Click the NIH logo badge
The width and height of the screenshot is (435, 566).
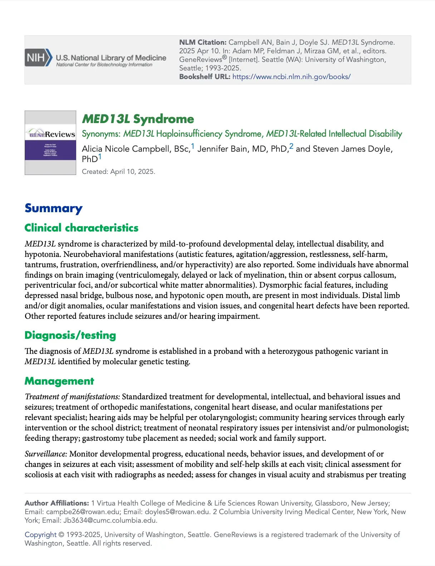point(38,58)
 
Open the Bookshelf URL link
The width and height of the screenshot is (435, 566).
point(291,77)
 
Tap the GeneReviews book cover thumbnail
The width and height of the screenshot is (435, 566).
point(50,143)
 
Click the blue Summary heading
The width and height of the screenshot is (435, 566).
point(53,208)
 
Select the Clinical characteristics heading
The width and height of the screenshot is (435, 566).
point(81,228)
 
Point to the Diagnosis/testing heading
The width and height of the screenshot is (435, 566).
point(70,335)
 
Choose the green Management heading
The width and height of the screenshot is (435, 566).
point(59,381)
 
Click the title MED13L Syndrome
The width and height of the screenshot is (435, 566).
point(138,119)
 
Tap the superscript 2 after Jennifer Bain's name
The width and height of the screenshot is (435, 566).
point(291,146)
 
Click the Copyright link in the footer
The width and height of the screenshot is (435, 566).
point(40,535)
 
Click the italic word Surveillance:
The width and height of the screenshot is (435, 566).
point(46,454)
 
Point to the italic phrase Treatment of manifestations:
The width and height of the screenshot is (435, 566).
point(72,397)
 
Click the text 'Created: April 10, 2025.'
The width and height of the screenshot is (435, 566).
point(118,172)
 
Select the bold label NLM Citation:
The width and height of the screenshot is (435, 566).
point(203,43)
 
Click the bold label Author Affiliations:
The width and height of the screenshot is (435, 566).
point(57,503)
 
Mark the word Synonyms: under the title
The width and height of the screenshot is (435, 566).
point(101,134)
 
